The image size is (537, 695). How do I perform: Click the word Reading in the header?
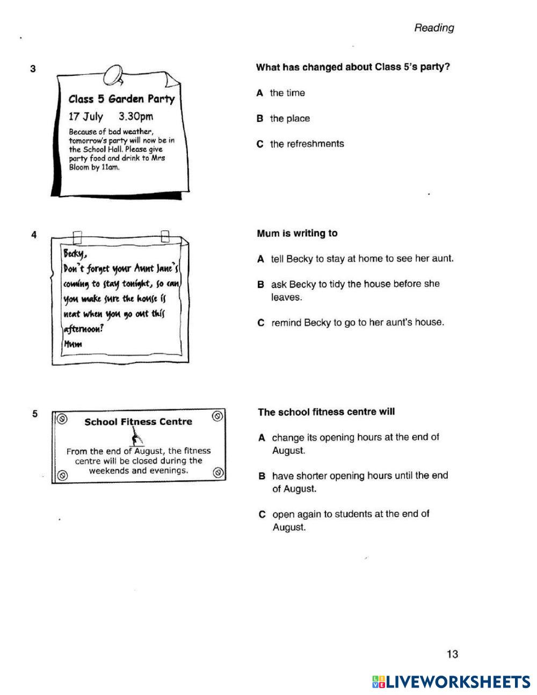(433, 28)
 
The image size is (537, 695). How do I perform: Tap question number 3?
(33, 69)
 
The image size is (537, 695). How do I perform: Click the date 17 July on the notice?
(85, 117)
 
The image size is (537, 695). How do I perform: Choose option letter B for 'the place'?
(260, 119)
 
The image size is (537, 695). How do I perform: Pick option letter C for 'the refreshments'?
(260, 144)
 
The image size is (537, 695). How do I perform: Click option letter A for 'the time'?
(260, 93)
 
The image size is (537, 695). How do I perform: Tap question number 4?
(34, 235)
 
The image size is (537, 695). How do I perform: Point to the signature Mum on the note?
(73, 344)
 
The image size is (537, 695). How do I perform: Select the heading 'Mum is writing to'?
(297, 234)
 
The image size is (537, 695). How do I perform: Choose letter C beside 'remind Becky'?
(261, 323)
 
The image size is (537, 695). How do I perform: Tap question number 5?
(35, 414)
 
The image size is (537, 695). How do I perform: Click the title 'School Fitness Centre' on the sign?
(138, 422)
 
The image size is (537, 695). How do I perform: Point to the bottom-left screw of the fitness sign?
(62, 475)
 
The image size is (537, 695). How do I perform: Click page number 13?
(452, 654)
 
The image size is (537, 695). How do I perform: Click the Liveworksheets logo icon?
(378, 682)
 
